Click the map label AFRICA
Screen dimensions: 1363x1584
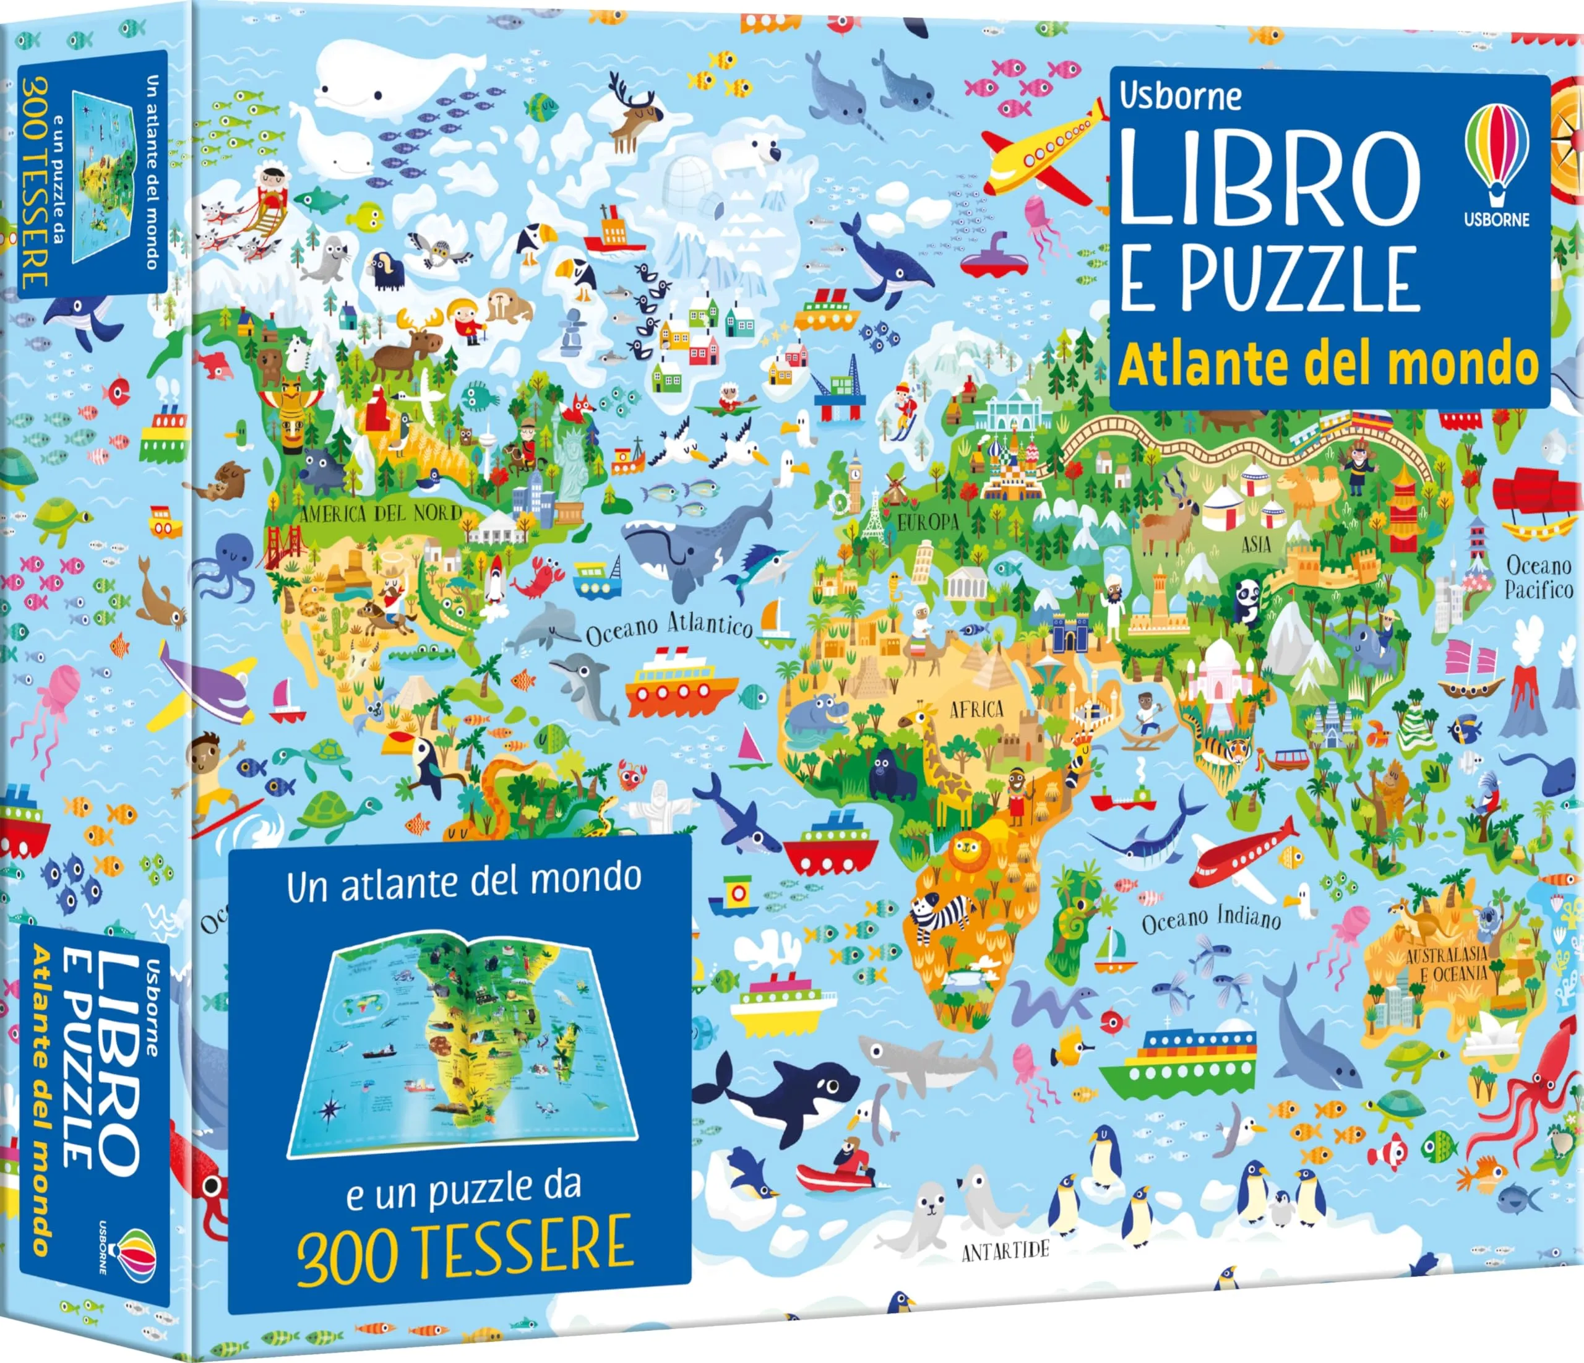[976, 710]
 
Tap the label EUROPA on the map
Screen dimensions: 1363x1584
[928, 523]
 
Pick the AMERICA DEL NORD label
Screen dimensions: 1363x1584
[380, 513]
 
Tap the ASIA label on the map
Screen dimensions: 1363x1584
[1256, 544]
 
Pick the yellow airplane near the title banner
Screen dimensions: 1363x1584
[1041, 150]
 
